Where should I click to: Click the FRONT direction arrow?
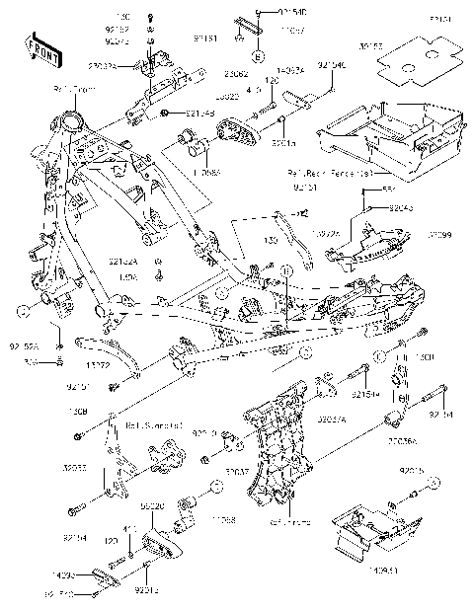(x=39, y=46)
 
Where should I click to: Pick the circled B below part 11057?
(x=254, y=47)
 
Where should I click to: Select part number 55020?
(x=152, y=504)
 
